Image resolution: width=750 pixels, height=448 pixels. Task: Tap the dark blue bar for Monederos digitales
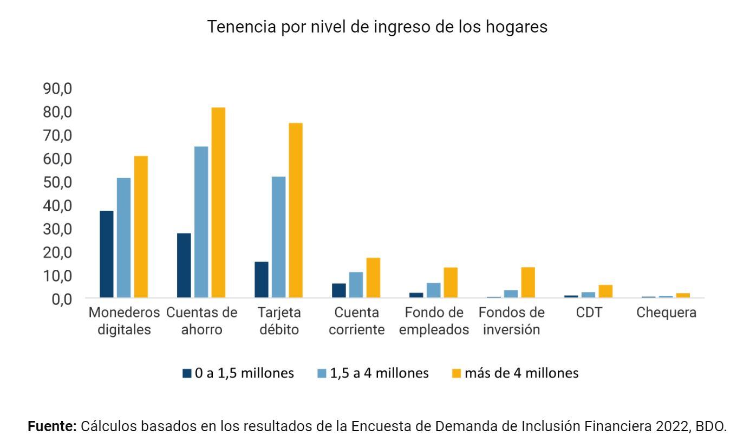coord(107,254)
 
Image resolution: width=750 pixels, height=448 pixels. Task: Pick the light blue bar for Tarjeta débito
coord(278,237)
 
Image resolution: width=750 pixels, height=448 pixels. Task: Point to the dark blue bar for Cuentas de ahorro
coord(184,265)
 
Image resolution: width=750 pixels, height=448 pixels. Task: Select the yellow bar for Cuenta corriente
coord(373,278)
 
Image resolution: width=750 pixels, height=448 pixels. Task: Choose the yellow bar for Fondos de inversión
coord(528,282)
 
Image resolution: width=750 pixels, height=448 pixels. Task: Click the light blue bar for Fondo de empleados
coord(433,290)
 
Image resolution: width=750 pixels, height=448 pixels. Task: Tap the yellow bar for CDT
coord(605,291)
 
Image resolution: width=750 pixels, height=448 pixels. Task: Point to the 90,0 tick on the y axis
coord(57,88)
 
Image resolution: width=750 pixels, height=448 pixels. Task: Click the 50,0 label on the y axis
coord(57,182)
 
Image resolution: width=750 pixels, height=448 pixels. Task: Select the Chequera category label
coord(666,313)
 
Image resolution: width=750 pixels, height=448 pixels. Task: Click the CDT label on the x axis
coord(589,313)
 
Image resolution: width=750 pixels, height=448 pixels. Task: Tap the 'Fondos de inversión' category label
coord(511,321)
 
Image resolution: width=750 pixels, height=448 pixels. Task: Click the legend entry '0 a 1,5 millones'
coord(238,373)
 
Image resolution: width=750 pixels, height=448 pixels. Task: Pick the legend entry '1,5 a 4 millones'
coord(373,373)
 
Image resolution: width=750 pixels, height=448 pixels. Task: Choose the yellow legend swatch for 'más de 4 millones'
coord(456,374)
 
